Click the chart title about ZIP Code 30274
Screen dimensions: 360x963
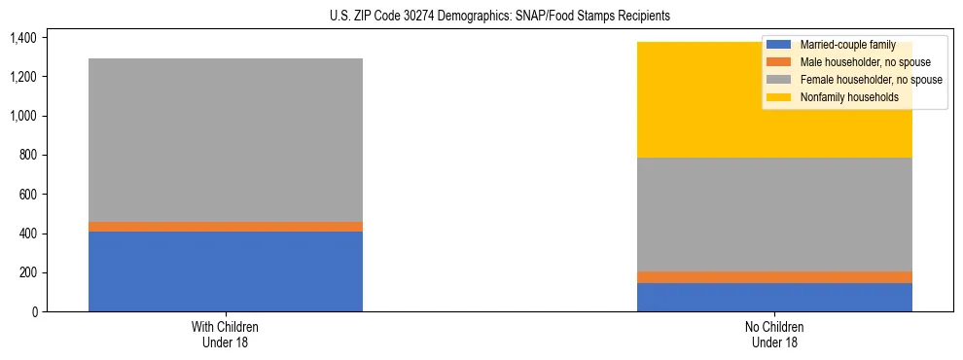click(x=481, y=17)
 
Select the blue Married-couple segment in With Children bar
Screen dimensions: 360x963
click(x=226, y=271)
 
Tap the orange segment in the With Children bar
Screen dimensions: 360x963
click(x=226, y=227)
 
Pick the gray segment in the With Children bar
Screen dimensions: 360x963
click(x=226, y=140)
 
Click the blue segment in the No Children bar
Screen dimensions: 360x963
click(x=774, y=297)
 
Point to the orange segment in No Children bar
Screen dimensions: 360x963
click(x=774, y=277)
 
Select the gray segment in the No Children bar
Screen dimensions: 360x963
click(x=774, y=214)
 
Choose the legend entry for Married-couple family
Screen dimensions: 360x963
click(x=845, y=45)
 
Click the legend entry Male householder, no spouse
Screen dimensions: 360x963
click(x=857, y=62)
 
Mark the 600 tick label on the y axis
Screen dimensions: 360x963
click(x=26, y=195)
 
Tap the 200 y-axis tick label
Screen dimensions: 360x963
click(x=26, y=272)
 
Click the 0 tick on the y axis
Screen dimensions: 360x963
click(x=32, y=312)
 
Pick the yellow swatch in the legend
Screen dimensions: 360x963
click(x=779, y=97)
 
